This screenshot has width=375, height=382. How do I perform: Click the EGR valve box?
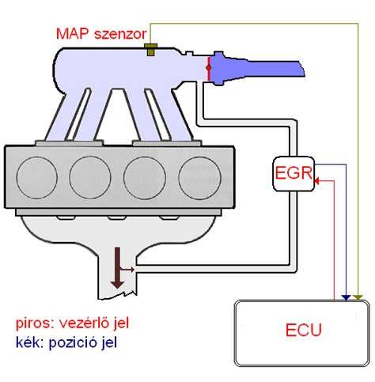[294, 174]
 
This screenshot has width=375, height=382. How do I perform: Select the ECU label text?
[304, 330]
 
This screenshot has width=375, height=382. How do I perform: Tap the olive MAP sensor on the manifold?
[150, 50]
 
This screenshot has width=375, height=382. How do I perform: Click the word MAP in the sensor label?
[73, 34]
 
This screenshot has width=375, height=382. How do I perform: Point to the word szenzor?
[120, 35]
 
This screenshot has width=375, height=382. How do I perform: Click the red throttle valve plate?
[209, 68]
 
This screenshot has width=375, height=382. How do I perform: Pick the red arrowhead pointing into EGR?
[317, 181]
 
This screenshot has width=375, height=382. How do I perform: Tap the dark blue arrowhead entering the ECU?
[346, 298]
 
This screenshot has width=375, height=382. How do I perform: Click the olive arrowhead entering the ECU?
[358, 298]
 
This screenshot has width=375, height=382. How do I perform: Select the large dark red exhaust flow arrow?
[117, 267]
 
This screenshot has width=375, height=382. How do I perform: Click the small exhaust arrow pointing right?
[127, 270]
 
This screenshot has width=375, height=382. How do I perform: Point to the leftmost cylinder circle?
[37, 177]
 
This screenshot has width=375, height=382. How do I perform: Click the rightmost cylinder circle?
[199, 178]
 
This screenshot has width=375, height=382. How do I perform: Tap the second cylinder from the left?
[90, 177]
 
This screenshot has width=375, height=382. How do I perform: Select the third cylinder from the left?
[145, 178]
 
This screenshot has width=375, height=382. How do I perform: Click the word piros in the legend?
[33, 323]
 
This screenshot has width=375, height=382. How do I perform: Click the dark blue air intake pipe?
[256, 68]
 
